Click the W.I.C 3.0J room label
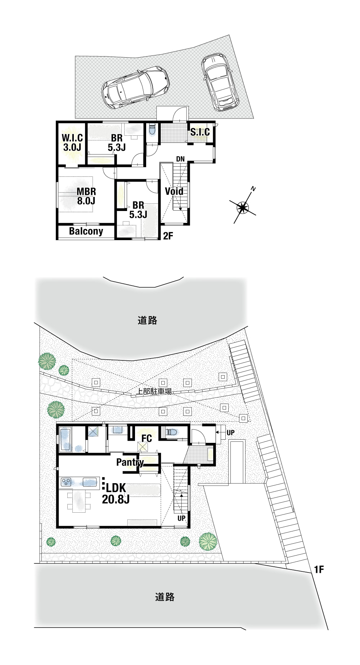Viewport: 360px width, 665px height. pos(72,143)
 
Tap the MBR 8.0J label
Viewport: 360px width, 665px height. pos(86,196)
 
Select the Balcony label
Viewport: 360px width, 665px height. pos(86,231)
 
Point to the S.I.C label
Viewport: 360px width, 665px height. pos(200,132)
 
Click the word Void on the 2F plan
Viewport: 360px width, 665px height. pos(174,191)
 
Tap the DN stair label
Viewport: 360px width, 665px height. pos(180,159)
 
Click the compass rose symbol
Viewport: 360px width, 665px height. pos(243,207)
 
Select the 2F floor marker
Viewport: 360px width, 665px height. pos(168,236)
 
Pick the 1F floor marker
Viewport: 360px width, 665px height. pos(319,569)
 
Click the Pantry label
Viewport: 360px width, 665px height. pos(130,462)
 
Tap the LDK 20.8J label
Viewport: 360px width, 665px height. pos(115,494)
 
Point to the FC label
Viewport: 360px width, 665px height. pos(147,438)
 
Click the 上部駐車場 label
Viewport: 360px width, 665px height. pos(154,391)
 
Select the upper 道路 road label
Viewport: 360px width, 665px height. pos(148,320)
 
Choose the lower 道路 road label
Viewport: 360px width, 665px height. pos(165,597)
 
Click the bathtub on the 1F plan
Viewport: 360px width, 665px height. pos(65,439)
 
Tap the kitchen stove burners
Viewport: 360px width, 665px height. pos(66,482)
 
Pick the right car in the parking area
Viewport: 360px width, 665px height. pos(220,82)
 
